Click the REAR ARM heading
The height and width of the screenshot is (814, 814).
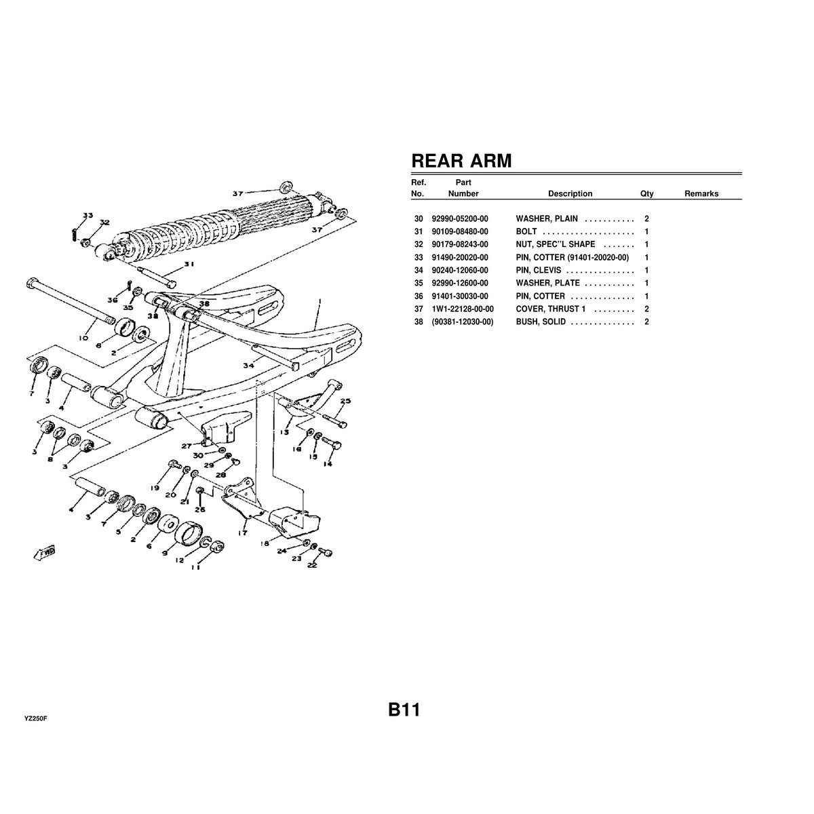461,161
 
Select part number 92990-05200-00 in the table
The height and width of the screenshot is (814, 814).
459,219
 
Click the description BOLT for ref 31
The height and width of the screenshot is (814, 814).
526,232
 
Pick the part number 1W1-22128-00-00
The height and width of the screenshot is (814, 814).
462,309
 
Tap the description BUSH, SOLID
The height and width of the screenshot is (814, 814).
540,322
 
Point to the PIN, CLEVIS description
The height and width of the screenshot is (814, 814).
538,270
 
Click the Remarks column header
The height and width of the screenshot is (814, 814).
701,194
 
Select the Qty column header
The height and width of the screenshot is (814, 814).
646,194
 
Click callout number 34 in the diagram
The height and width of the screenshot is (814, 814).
248,366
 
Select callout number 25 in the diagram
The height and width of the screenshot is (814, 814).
345,401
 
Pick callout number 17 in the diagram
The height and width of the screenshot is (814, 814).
241,533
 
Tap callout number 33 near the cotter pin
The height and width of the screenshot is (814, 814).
88,215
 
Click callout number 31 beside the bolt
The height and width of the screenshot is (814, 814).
189,265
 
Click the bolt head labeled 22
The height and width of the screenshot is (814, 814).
328,553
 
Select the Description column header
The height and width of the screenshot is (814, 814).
570,194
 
